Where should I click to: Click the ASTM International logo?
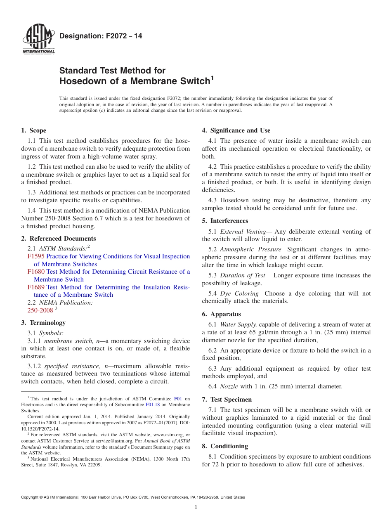point(38,40)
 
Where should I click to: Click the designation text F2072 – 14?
point(101,36)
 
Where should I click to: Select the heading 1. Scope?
point(33,130)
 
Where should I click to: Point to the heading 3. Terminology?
point(43,323)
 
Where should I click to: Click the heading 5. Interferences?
point(225,221)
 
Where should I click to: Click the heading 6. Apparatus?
point(221,314)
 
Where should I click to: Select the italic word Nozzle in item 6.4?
point(229,386)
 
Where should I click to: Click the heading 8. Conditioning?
point(225,446)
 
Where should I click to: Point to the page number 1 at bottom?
point(196,507)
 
